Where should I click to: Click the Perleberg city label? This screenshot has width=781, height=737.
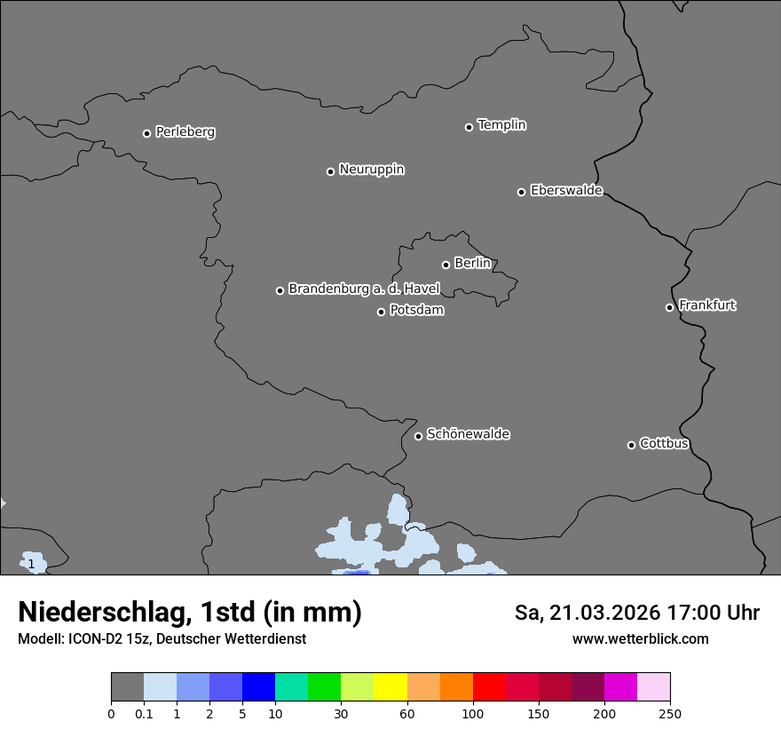pyautogui.click(x=185, y=132)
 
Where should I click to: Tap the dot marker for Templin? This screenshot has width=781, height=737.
pyautogui.click(x=469, y=127)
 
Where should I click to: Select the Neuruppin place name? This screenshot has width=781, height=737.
pyautogui.click(x=371, y=170)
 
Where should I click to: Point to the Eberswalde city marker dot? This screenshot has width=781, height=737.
pyautogui.click(x=521, y=192)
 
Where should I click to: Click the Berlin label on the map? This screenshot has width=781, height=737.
pyautogui.click(x=472, y=263)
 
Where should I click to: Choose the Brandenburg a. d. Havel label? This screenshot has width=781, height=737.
pyautogui.click(x=364, y=289)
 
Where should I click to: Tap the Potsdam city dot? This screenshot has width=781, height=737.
pyautogui.click(x=381, y=312)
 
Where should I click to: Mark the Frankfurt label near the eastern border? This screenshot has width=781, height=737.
pyautogui.click(x=707, y=305)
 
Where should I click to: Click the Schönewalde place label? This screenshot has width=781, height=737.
pyautogui.click(x=468, y=434)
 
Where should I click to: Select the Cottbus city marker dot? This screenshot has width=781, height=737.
pyautogui.click(x=631, y=445)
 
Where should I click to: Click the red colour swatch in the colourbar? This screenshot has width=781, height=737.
pyautogui.click(x=489, y=687)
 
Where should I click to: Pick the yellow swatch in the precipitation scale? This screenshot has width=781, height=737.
pyautogui.click(x=390, y=687)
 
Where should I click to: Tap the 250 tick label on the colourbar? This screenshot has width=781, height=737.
pyautogui.click(x=670, y=713)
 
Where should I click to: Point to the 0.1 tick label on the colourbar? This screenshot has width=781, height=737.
pyautogui.click(x=144, y=713)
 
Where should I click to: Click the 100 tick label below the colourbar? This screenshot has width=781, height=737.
pyautogui.click(x=473, y=713)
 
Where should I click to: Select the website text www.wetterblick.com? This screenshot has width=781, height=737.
pyautogui.click(x=640, y=638)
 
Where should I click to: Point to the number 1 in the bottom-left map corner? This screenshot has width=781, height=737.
pyautogui.click(x=31, y=564)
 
